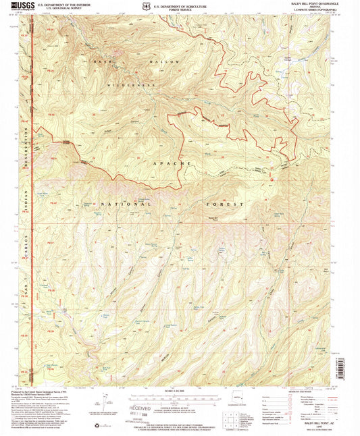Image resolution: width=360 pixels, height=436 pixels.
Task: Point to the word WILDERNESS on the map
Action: [x=129, y=86]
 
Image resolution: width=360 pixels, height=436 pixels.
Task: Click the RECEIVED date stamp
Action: [x=133, y=408]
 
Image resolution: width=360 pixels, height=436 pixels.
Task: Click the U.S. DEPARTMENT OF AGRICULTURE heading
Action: [x=181, y=5]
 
